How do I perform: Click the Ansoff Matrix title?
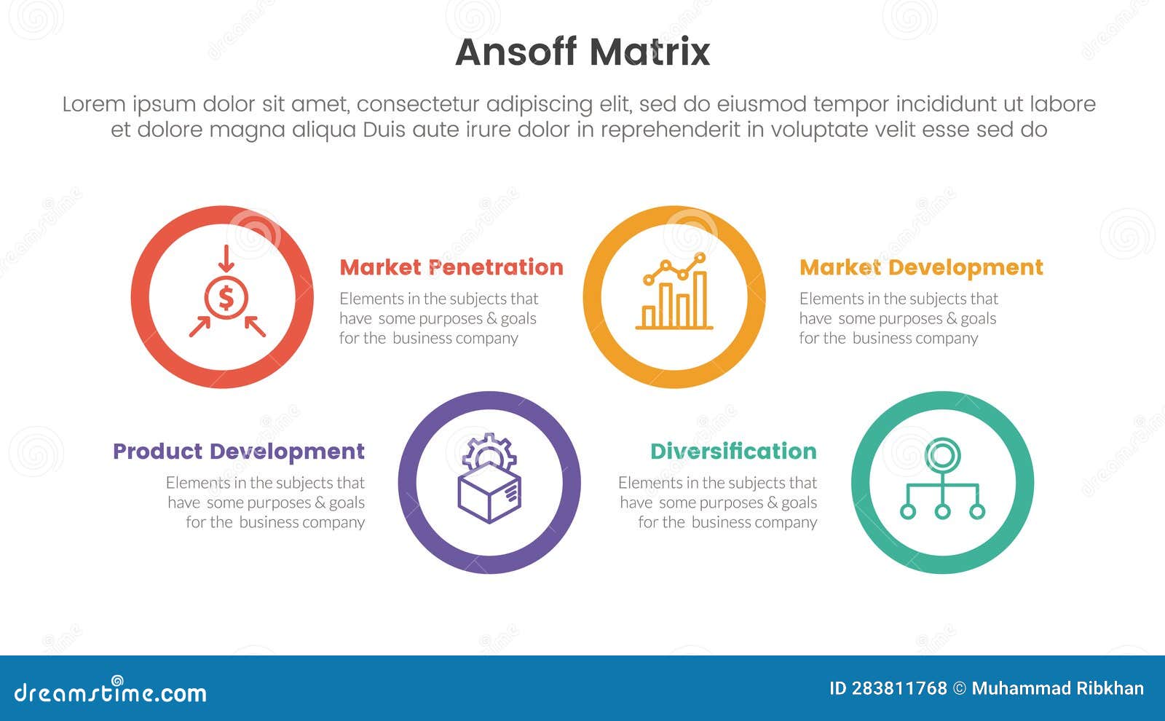point(582,52)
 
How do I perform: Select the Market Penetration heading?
point(451,267)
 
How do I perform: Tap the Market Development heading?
point(921,267)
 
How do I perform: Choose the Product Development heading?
point(239,452)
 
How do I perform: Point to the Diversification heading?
point(733,452)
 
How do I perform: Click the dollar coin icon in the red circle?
point(226,298)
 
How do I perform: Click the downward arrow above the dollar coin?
point(226,259)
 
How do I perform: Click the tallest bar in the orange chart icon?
point(700,299)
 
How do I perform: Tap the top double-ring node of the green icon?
point(942,456)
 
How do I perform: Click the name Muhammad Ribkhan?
point(1057,688)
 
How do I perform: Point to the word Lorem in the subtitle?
point(94,104)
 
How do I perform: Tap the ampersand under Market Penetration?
point(491,319)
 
